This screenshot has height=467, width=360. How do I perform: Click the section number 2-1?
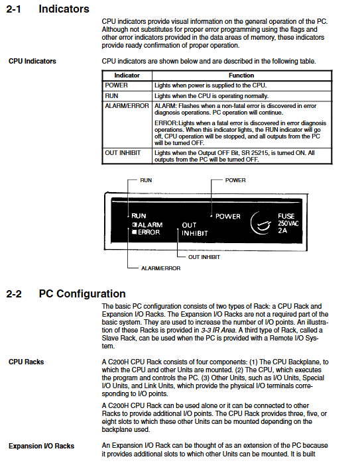pos(13,9)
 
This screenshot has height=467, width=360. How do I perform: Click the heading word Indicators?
pos(64,9)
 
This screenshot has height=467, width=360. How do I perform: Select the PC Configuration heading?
pos(82,293)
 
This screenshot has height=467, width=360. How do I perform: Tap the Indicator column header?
pos(127,76)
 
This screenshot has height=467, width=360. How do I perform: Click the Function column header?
pos(241,76)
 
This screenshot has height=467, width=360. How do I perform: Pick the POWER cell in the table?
pos(116,85)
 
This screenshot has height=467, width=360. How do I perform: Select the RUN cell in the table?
pos(111,96)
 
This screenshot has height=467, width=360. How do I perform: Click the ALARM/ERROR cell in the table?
pos(127,106)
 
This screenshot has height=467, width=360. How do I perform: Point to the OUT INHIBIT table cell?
pos(123,153)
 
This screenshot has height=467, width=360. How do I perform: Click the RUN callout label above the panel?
pos(146,180)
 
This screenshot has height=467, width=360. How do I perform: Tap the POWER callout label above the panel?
pos(235,180)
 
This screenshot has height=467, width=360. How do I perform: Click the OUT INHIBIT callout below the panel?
pos(204,257)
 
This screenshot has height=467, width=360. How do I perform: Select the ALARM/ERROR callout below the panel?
pos(161,268)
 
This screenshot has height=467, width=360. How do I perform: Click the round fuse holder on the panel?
pos(261,223)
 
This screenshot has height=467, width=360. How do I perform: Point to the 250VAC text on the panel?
pos(288,223)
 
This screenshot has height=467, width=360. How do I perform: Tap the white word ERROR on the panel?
pos(149,232)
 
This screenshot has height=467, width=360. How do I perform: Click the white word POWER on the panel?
pos(228,216)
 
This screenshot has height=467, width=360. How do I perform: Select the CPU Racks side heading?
pos(27,362)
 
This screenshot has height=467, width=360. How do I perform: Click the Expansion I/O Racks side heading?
pos(41,446)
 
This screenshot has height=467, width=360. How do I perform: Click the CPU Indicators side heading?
pos(32,61)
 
